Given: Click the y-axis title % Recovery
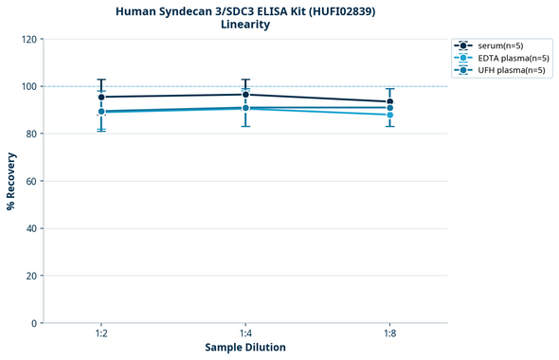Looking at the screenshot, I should (x=11, y=181).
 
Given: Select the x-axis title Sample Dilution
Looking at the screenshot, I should (x=245, y=348).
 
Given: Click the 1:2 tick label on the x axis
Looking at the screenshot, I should (x=101, y=333).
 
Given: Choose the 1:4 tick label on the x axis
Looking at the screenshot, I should (x=245, y=333).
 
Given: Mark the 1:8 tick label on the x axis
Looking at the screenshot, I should (x=389, y=333).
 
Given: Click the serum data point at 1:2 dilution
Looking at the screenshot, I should (x=101, y=97).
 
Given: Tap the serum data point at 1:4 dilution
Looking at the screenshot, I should (x=245, y=95).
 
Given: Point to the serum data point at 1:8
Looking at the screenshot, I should (x=389, y=101).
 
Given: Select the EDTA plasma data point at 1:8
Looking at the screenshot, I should (x=389, y=115).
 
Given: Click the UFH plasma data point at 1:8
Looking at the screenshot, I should (x=389, y=108).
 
